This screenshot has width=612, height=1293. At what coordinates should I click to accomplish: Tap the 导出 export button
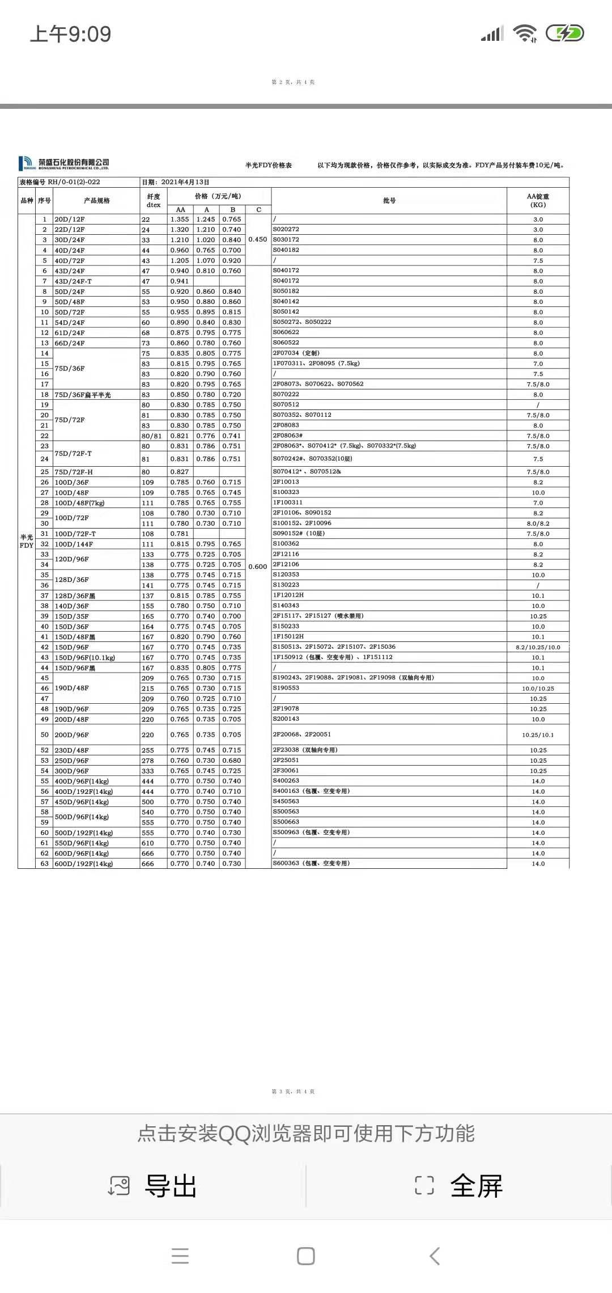click(x=153, y=1186)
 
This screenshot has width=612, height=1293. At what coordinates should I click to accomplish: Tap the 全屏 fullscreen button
click(x=459, y=1186)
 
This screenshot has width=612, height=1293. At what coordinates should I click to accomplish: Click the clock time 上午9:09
click(x=70, y=34)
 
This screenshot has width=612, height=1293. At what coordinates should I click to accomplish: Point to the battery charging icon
click(x=564, y=33)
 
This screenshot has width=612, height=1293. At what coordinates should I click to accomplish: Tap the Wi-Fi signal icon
click(x=525, y=33)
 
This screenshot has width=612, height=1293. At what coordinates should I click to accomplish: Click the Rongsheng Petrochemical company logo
click(x=63, y=164)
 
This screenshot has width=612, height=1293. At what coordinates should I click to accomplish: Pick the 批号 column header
click(x=389, y=201)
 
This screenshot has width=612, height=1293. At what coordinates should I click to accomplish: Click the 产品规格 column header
click(x=97, y=201)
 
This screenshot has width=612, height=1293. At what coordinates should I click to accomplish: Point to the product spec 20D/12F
click(x=70, y=219)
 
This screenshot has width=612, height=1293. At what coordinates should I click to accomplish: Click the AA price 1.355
click(x=180, y=219)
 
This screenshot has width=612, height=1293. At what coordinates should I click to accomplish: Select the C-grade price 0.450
click(x=258, y=239)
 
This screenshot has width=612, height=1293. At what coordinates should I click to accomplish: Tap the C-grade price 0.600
click(x=258, y=567)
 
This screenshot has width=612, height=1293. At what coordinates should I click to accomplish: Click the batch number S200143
click(x=286, y=719)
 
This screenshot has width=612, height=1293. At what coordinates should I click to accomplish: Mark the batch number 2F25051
click(x=286, y=760)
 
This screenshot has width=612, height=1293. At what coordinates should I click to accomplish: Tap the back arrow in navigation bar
click(x=435, y=1256)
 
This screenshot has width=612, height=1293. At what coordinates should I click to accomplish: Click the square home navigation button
click(x=306, y=1256)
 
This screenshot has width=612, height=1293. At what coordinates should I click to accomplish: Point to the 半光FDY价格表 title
click(x=269, y=166)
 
